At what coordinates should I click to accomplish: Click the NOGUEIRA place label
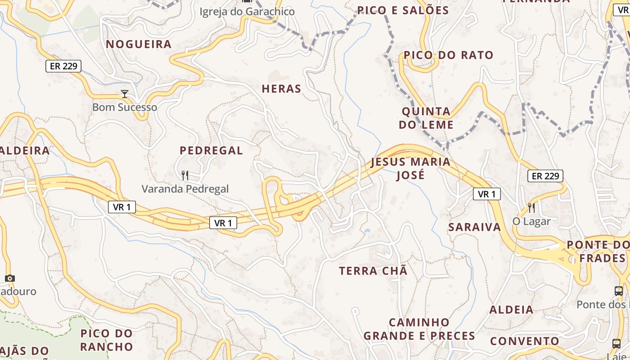[x=139, y=44]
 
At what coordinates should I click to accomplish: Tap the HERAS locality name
[x=281, y=89]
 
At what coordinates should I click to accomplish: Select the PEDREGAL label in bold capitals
[x=211, y=150]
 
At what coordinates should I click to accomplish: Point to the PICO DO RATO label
[x=448, y=55]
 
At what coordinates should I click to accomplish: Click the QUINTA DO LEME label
[x=426, y=118]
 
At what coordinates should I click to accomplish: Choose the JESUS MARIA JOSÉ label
[x=410, y=168]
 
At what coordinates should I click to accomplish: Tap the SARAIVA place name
[x=474, y=227]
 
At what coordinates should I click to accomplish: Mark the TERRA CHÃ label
[x=373, y=271]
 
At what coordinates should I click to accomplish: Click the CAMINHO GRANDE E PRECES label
[x=419, y=329]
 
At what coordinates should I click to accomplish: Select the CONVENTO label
[x=524, y=341]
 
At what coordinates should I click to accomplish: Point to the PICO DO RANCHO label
[x=107, y=340]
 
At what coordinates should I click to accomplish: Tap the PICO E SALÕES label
[x=403, y=10]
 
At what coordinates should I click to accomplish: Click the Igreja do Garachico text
[x=247, y=11]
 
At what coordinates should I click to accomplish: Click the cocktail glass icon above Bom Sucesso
[x=125, y=94]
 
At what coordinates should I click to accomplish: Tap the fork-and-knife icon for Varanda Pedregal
[x=184, y=175]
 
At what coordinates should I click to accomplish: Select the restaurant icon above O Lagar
[x=531, y=207]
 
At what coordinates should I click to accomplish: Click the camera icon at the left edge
[x=9, y=278]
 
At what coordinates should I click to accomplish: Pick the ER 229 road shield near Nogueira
[x=63, y=66]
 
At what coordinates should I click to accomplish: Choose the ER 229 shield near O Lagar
[x=545, y=176]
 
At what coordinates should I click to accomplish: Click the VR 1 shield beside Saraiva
[x=486, y=194]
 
